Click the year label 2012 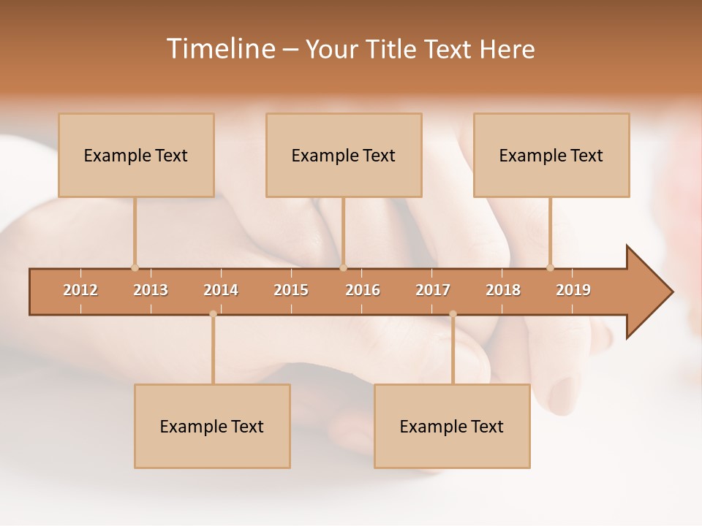[80, 290]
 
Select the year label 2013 [151, 290]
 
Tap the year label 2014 [221, 290]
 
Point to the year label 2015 [291, 290]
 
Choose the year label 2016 [363, 290]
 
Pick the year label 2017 [433, 290]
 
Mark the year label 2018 [503, 290]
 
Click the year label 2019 [573, 290]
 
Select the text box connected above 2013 [136, 155]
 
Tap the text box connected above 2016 [344, 155]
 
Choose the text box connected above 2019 [551, 155]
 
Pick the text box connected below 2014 [212, 426]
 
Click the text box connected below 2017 [452, 426]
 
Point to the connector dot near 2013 [135, 267]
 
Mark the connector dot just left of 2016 [343, 267]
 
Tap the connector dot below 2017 [453, 314]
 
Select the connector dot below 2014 [213, 314]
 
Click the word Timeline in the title [220, 49]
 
